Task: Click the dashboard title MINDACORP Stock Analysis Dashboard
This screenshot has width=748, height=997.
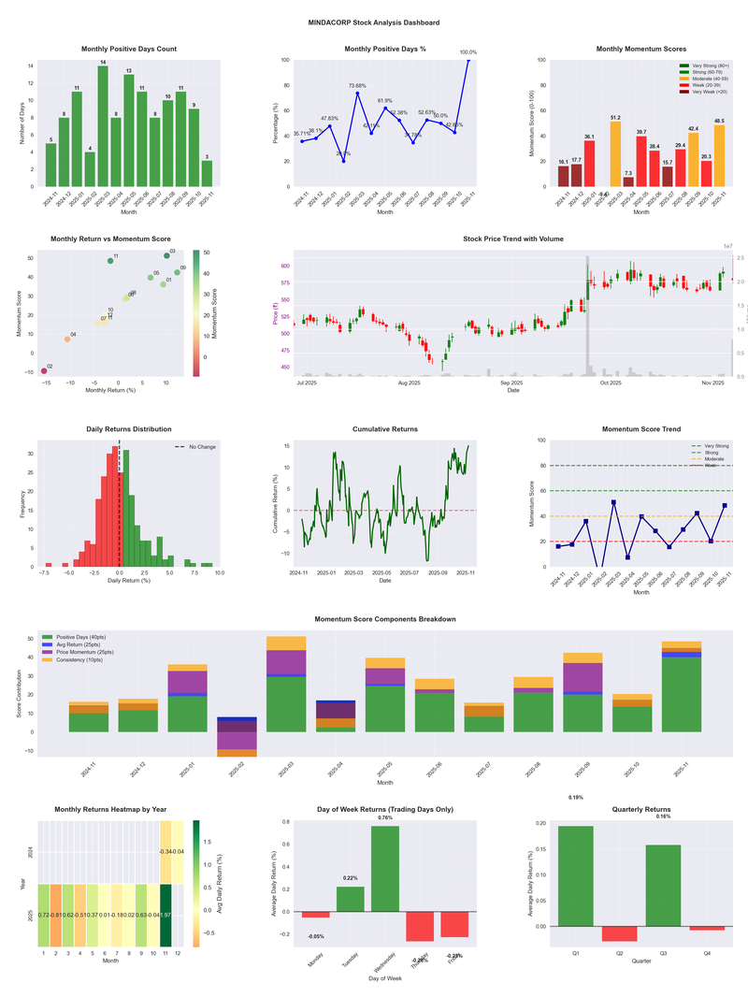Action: pyautogui.click(x=374, y=22)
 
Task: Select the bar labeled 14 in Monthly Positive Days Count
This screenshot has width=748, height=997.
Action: pyautogui.click(x=103, y=126)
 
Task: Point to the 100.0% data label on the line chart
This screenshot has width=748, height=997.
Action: pyautogui.click(x=467, y=52)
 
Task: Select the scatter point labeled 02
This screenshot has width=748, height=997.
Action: pyautogui.click(x=44, y=371)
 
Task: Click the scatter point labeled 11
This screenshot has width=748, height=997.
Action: pyautogui.click(x=110, y=261)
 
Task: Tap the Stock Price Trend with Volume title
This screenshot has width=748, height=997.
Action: pyautogui.click(x=513, y=239)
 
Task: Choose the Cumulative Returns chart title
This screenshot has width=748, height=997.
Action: pyautogui.click(x=385, y=429)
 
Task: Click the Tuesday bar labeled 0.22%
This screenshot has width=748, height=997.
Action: pyautogui.click(x=350, y=899)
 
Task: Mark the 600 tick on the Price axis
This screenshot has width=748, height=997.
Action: pyautogui.click(x=283, y=267)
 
